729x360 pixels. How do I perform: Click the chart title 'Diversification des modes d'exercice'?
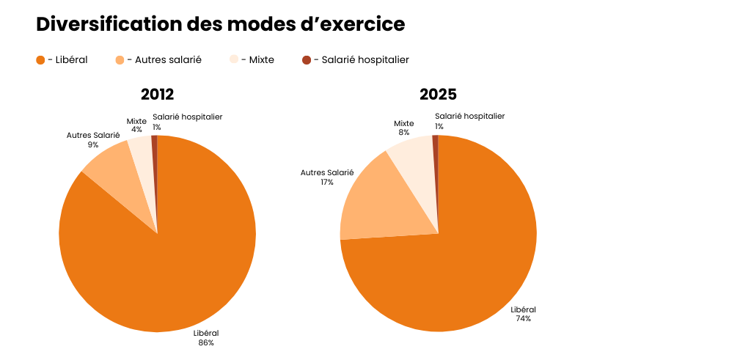click(220, 24)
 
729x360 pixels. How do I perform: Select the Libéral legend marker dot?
click(40, 60)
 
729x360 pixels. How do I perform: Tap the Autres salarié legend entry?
click(158, 60)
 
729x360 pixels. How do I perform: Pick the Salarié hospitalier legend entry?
click(355, 60)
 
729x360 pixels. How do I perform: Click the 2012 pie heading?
click(157, 95)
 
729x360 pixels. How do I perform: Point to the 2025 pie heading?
click(438, 95)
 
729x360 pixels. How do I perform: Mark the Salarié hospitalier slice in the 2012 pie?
click(155, 147)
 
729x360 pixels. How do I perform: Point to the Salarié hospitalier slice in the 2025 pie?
click(436, 147)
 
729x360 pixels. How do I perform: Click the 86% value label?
click(206, 342)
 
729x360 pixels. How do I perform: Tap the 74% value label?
click(523, 319)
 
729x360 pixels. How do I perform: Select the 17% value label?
click(327, 182)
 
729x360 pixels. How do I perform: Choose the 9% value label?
click(93, 144)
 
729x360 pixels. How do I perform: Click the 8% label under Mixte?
click(404, 133)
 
